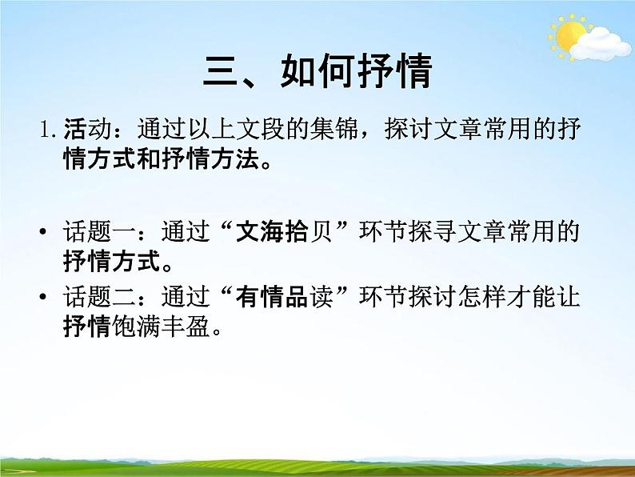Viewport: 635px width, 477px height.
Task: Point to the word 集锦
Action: tap(344, 128)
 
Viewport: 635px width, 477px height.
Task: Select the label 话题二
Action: tap(90, 298)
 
